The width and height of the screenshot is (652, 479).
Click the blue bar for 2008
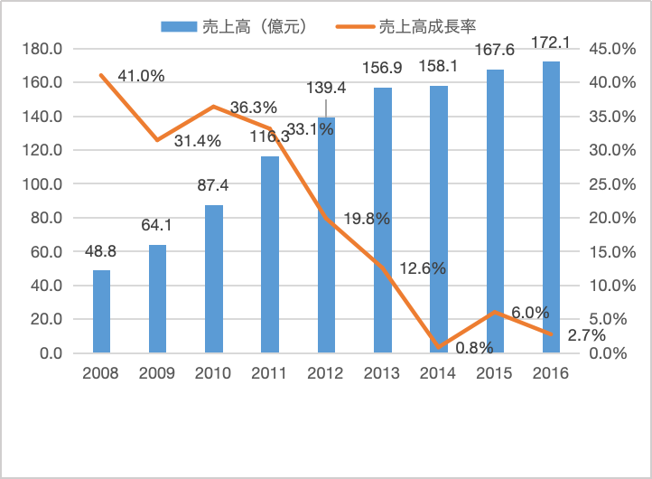(x=101, y=312)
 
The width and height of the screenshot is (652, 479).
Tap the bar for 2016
(x=551, y=208)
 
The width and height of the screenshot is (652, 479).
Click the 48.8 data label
(x=101, y=254)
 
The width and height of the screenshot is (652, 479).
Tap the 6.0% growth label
(x=530, y=313)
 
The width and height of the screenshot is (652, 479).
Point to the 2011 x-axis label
(x=270, y=373)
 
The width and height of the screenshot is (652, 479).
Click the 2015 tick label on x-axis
(x=495, y=373)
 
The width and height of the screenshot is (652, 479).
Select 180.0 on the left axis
(x=44, y=49)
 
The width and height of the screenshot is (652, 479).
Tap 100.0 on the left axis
(x=44, y=184)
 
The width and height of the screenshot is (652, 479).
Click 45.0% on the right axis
(x=611, y=49)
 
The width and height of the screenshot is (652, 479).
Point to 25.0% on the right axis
(x=611, y=184)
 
